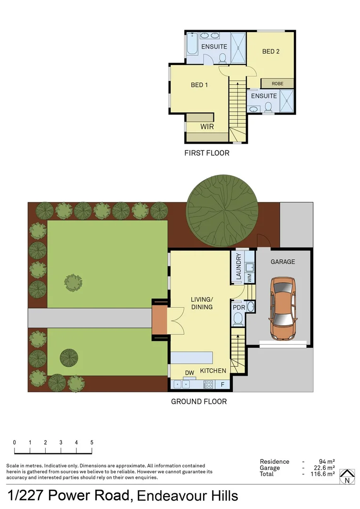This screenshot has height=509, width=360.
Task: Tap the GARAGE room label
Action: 283,262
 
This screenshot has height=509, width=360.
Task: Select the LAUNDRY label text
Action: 238,267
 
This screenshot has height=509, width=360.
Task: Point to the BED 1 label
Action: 199,85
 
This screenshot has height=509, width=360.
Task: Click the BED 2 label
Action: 271,51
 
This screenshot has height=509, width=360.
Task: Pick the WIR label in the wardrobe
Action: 207,127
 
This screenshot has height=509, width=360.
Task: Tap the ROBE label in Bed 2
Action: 278,83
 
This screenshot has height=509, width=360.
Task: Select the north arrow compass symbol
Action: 347,476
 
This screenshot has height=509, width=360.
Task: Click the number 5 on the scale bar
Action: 91,443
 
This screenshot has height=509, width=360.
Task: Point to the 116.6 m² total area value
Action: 322,474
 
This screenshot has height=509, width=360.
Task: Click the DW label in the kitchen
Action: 189,373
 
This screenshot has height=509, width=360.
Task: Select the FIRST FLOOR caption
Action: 206,153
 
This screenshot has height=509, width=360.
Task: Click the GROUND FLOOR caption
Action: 198,402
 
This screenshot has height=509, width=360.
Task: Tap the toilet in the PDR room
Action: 238,321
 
